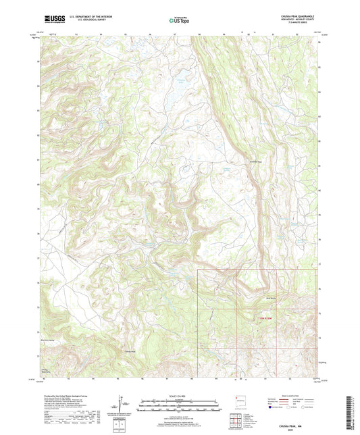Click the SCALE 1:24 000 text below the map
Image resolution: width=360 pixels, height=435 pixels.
179,396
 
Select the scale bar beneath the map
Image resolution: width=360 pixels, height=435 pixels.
179,406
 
